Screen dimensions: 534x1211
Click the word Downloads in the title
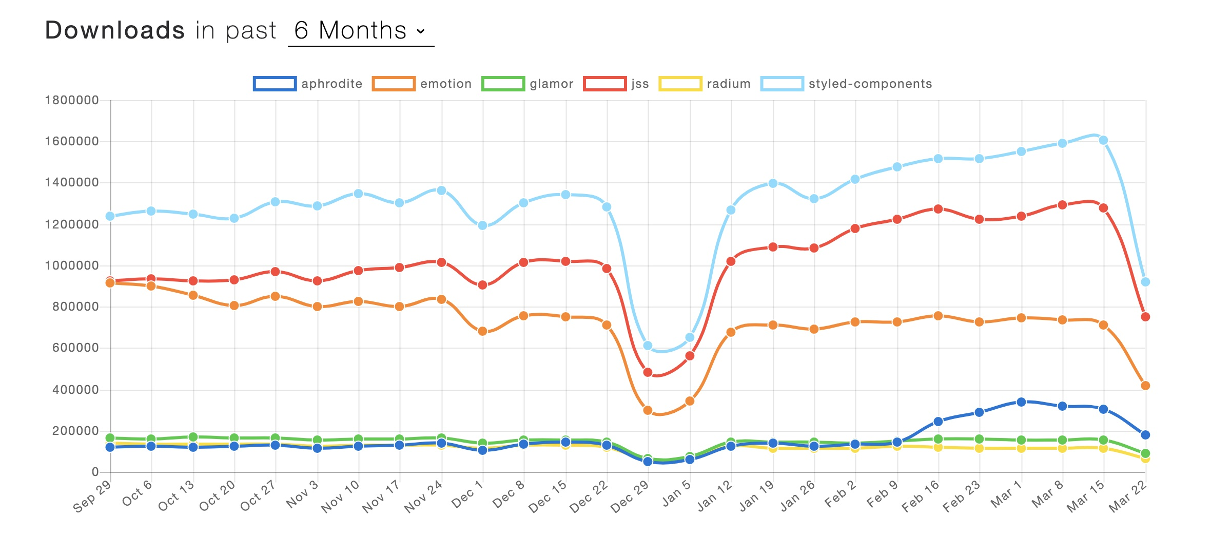click(115, 30)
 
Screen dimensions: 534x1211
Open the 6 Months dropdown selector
click(360, 31)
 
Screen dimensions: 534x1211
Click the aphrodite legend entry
click(308, 84)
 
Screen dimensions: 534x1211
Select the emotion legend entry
click(422, 84)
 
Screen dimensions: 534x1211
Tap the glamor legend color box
click(503, 84)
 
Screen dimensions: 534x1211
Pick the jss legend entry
click(616, 84)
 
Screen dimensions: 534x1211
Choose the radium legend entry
click(705, 84)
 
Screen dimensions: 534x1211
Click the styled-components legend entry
click(847, 84)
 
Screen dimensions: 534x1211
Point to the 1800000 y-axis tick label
click(72, 100)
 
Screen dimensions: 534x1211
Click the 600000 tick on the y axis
click(75, 348)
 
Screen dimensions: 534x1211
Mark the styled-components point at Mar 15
click(1103, 140)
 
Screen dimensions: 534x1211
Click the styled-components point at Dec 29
click(648, 346)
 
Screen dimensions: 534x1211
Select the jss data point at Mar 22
click(1145, 317)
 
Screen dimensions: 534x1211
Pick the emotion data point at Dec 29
click(648, 410)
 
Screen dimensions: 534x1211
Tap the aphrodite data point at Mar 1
click(1021, 402)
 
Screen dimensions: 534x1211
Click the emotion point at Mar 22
click(1145, 386)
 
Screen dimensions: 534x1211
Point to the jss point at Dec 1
click(482, 285)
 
